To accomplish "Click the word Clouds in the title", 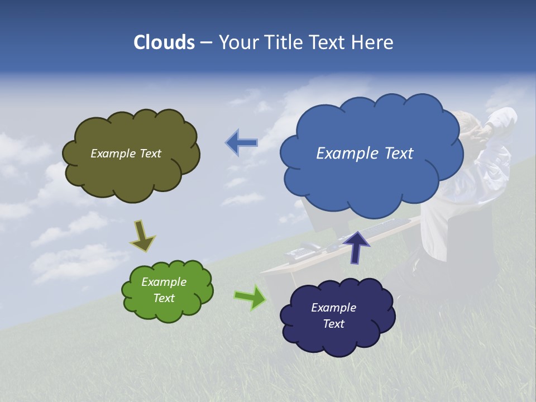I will coord(164,42).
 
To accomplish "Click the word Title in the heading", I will coord(283,42).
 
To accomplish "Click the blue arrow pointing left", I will coord(241,143).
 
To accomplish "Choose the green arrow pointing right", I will coord(250,297).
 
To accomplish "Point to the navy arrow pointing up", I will coord(356,246).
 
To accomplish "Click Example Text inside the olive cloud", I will coord(126,154).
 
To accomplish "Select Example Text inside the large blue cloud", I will coord(365,154).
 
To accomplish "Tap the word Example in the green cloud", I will coord(164,282).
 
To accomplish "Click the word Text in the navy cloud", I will coord(333,324).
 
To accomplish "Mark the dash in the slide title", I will coord(206,42).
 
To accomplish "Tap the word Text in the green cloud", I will coord(164,298).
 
